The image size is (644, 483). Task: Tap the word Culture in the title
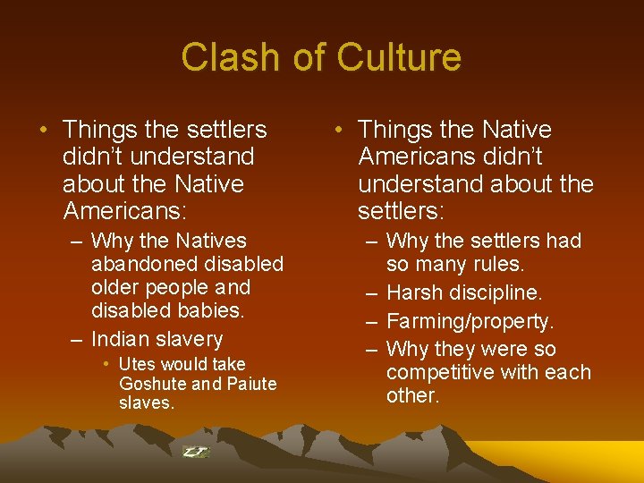[400, 57]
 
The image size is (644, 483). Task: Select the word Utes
[136, 364]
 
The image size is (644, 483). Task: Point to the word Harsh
[416, 293]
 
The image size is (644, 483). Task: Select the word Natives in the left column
[211, 241]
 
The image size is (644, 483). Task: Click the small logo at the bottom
[195, 452]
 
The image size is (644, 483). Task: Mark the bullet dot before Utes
[106, 364]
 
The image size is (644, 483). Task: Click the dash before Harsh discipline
[371, 293]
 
